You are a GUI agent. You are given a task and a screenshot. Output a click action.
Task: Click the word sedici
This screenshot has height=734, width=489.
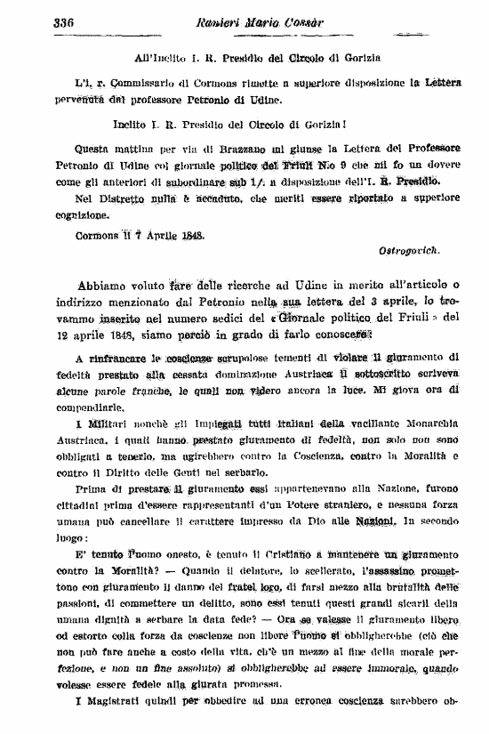click(240, 319)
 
